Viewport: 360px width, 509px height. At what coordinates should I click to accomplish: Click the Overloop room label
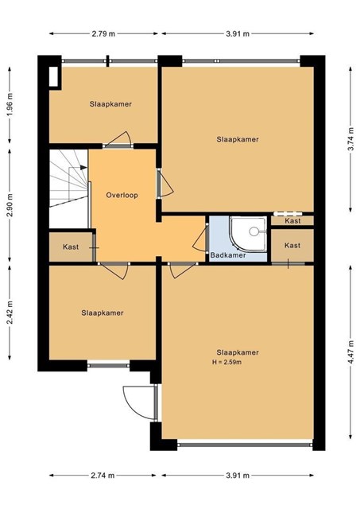pos(122,195)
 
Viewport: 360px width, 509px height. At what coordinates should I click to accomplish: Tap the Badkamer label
pos(228,255)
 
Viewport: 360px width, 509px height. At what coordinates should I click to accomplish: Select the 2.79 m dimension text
pos(103,33)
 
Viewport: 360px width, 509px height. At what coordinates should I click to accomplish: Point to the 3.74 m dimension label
pos(350,139)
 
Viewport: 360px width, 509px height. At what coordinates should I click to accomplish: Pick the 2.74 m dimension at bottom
pos(103,476)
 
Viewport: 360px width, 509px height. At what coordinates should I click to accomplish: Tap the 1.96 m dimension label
pos(10,104)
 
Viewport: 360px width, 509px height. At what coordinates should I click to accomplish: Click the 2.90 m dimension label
pos(10,205)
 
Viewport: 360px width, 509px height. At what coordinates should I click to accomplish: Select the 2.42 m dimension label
pos(10,313)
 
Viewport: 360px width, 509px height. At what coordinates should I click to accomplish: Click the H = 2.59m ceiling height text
pos(226,362)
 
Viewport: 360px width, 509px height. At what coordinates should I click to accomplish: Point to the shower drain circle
pos(254,231)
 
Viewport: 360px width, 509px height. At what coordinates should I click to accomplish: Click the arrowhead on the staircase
pos(83,167)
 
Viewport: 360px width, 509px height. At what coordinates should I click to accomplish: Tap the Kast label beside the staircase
pos(71,247)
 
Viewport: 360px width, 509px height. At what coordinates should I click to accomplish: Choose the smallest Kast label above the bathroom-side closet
pos(292,221)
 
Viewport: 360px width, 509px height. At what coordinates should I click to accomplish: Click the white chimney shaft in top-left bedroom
pos(53,76)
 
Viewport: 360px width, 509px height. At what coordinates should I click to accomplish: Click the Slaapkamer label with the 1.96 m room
pos(110,104)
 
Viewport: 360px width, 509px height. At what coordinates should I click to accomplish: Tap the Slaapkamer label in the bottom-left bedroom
pos(103,313)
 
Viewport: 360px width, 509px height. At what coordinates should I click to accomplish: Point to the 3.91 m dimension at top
pos(238,33)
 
